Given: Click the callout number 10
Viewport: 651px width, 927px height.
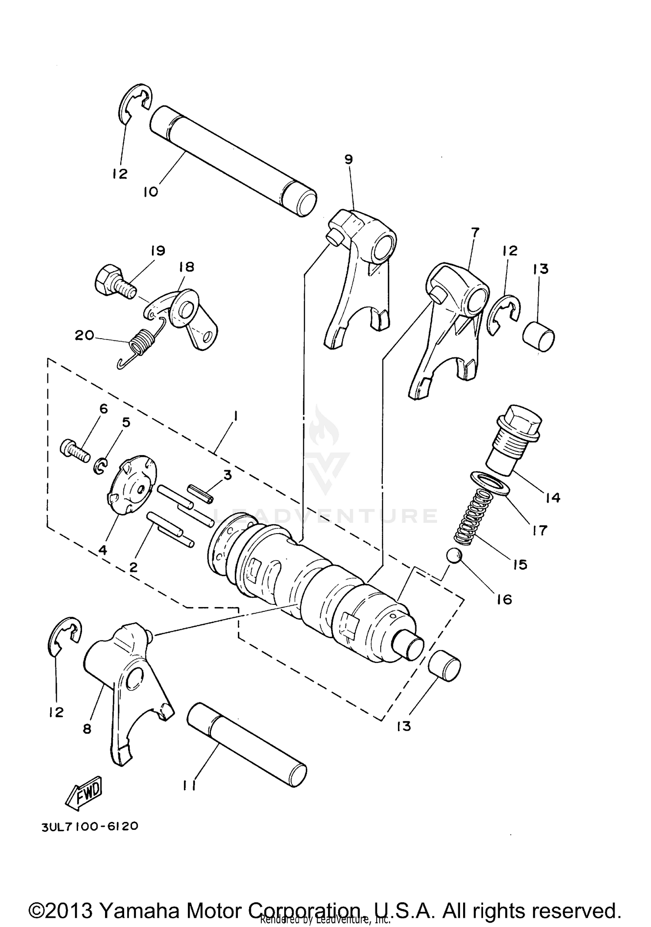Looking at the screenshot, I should [151, 191].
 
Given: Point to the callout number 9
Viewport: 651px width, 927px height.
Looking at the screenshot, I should [349, 159].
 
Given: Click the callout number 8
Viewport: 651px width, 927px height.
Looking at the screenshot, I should [87, 729].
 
